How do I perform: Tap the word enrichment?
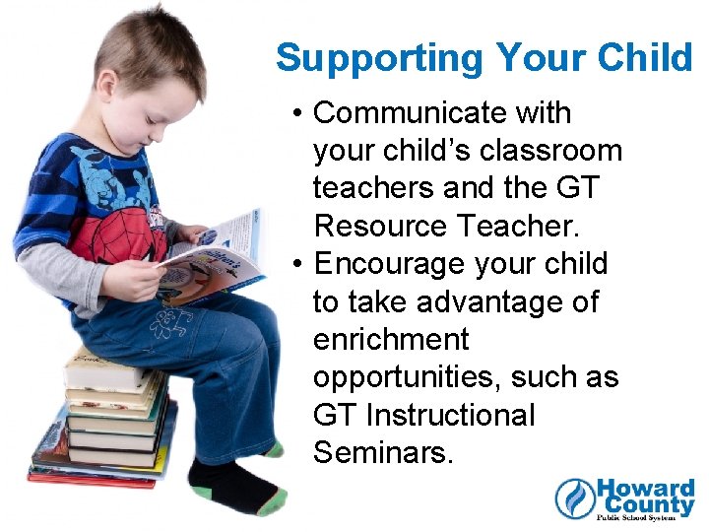[391, 340]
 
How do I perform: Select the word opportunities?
[413, 378]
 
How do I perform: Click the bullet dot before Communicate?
[297, 114]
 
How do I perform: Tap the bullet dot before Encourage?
[297, 265]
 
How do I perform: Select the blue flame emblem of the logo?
[574, 499]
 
